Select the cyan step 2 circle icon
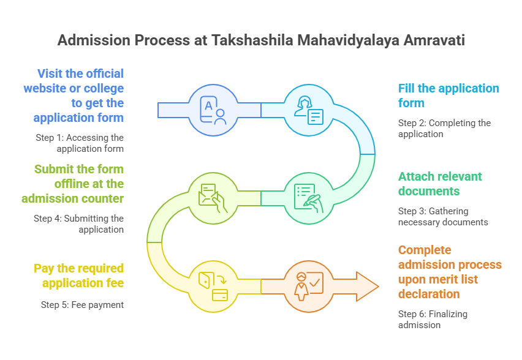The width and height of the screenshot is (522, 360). [x=308, y=110]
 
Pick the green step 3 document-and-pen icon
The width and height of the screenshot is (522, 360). [x=308, y=198]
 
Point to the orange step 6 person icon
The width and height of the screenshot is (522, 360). [x=308, y=287]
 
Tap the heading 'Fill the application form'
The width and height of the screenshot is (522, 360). [x=448, y=96]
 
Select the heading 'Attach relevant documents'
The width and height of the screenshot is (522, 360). [x=440, y=184]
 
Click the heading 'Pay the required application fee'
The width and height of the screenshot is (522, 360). [x=78, y=276]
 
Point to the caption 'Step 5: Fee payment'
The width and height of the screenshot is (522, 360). [x=82, y=304]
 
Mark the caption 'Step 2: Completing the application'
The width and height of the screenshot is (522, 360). [x=444, y=128]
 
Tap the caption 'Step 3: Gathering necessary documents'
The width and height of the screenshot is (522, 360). [x=443, y=216]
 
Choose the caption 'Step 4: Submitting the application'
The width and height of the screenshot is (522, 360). [x=78, y=223]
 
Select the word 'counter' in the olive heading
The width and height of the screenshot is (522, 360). [x=99, y=198]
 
